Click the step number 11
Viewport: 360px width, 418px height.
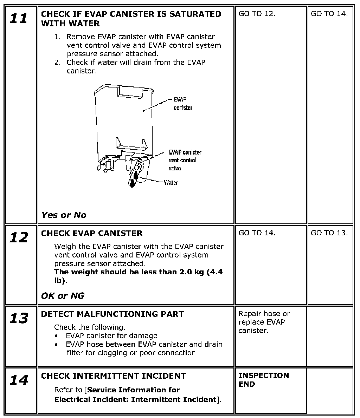tap(18, 18)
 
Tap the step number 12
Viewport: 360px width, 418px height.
tap(18, 237)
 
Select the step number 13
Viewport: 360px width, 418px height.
tap(18, 318)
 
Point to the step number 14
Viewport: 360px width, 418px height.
tap(18, 380)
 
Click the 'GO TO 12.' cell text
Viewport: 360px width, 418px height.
tap(257, 14)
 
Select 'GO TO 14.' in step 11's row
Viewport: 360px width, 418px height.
tap(329, 14)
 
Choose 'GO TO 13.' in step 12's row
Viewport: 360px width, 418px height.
tap(329, 233)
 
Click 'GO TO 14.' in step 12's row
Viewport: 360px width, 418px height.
tap(257, 233)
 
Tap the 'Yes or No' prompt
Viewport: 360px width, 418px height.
tap(64, 215)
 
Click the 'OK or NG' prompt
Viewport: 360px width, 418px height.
tap(63, 296)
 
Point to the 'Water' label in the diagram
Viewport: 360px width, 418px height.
tap(171, 183)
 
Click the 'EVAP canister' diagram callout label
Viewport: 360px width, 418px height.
tap(183, 103)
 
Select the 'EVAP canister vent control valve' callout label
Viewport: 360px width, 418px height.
tap(185, 160)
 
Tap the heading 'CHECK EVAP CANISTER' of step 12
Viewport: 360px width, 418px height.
tap(92, 233)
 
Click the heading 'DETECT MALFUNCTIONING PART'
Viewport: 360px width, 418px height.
tap(112, 314)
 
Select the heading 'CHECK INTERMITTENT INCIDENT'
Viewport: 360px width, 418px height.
tap(114, 376)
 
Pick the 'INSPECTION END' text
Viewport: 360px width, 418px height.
tap(264, 380)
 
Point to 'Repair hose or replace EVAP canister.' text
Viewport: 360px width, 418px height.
tap(264, 322)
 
